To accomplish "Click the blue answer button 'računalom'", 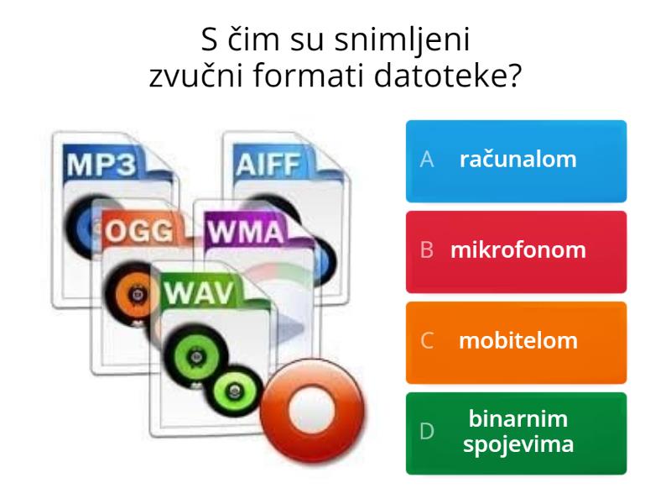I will click(x=516, y=160).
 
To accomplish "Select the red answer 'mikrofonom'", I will click(x=516, y=250).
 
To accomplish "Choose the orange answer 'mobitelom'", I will click(x=516, y=341).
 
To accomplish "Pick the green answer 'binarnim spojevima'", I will click(x=516, y=432).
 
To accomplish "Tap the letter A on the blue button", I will click(x=427, y=160).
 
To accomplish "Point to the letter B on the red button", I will click(x=427, y=251).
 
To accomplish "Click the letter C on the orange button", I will click(x=427, y=342).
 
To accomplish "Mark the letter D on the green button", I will click(x=427, y=433).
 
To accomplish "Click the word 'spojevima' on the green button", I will click(x=518, y=444).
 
